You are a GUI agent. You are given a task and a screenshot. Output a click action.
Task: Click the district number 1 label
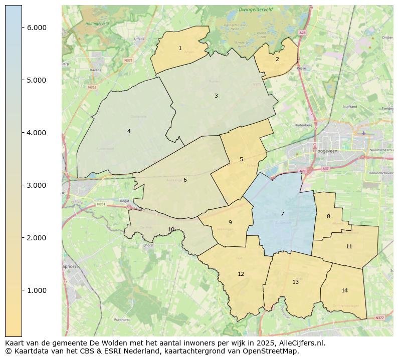click(x=180, y=49)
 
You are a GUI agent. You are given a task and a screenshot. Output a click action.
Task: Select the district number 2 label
click(x=277, y=59)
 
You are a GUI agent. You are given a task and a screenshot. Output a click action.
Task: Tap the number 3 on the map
click(x=216, y=96)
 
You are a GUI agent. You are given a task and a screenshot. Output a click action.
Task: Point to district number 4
click(x=129, y=131)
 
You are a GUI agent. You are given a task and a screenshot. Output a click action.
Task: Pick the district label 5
click(x=241, y=160)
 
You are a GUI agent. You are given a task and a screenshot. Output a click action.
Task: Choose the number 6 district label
click(x=185, y=180)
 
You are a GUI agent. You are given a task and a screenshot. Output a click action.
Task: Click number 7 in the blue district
click(x=282, y=214)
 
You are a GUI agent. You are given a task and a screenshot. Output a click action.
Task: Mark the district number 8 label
click(x=328, y=216)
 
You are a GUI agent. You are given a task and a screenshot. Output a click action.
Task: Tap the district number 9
click(x=230, y=222)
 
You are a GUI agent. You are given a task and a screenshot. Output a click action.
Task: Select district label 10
click(x=171, y=229)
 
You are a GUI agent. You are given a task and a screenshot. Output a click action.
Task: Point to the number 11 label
click(x=349, y=246)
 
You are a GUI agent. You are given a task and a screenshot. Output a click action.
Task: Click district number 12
click(x=241, y=274)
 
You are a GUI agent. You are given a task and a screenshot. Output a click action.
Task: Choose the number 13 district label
click(x=295, y=282)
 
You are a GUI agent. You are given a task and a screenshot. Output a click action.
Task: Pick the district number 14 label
click(x=344, y=290)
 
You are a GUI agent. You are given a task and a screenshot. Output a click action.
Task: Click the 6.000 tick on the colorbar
click(x=37, y=28)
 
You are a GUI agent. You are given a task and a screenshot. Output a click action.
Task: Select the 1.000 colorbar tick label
click(x=37, y=290)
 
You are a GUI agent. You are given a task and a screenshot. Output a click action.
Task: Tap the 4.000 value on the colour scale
click(x=37, y=133)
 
